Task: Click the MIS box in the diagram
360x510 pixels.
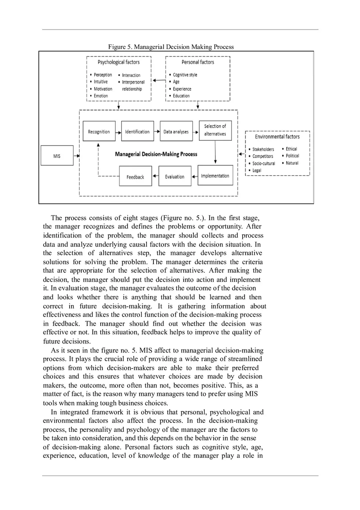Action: pos(57,156)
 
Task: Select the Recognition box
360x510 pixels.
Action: pos(99,131)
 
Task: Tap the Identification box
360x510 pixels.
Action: pos(137,131)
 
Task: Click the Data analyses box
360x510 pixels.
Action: pos(176,131)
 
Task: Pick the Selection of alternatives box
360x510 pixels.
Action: pos(215,130)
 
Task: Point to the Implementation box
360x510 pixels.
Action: pos(215,176)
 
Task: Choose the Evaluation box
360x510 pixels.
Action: pos(175,177)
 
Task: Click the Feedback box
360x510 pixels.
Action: pos(135,177)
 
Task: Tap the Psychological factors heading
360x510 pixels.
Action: pos(118,62)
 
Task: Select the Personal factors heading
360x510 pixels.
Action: pos(198,62)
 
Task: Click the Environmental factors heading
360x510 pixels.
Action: pos(277,137)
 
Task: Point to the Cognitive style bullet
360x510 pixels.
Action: pos(185,75)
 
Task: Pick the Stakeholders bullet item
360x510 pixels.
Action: pos(263,149)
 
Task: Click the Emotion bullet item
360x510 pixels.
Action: pos(101,96)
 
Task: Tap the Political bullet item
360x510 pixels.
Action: pos(292,156)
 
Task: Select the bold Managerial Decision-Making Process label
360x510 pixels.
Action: pos(156,154)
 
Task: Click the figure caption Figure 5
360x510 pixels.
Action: pos(171,47)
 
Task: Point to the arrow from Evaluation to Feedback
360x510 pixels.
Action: pos(155,177)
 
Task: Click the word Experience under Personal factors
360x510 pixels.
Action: pos(182,89)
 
